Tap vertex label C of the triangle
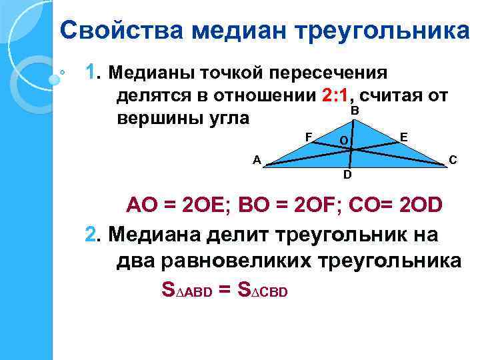[x=453, y=159]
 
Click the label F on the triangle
[x=309, y=137]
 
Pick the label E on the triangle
[x=404, y=137]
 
